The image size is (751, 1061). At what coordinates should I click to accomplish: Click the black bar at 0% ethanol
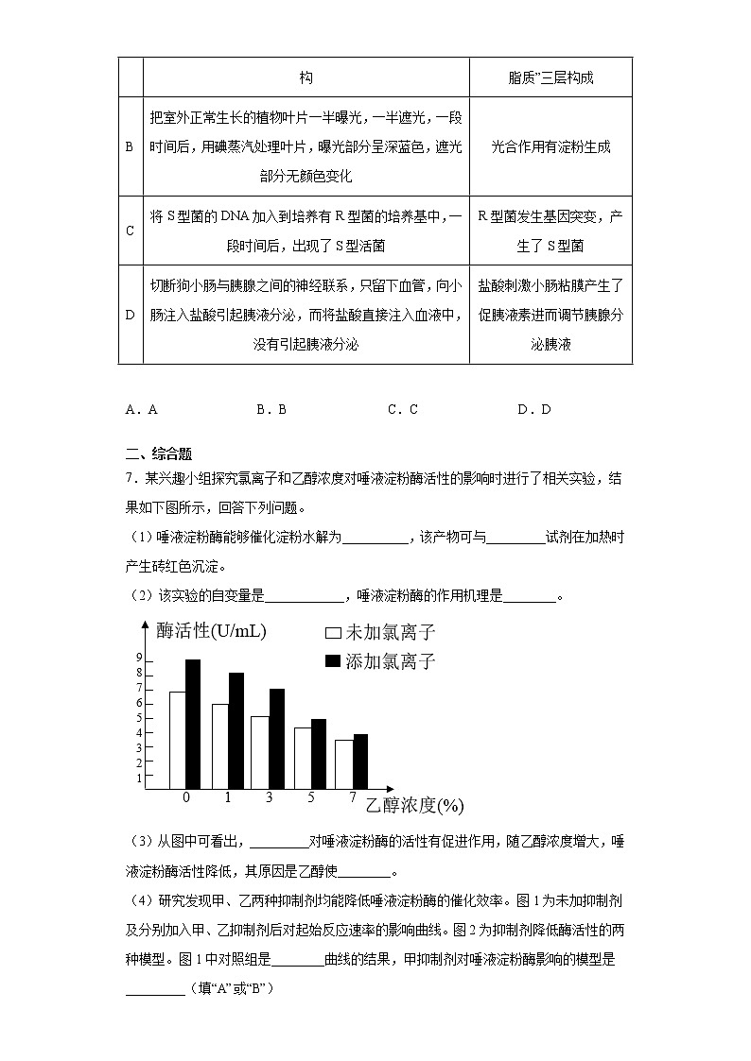193,724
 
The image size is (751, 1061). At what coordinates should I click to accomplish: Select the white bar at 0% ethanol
177,740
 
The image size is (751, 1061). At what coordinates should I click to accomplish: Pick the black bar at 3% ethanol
276,739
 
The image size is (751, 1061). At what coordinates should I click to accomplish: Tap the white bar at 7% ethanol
344,763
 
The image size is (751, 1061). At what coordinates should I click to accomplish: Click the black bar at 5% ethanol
318,754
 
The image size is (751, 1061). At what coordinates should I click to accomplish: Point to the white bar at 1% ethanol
219,746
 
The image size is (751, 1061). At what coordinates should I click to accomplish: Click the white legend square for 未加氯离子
333,634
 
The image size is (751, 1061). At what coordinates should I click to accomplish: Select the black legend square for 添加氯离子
333,661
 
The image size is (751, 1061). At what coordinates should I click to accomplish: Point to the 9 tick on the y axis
139,658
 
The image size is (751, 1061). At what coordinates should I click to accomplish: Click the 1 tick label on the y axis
139,778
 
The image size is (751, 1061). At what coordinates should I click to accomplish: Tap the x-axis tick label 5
311,798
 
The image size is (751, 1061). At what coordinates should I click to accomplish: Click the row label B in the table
130,146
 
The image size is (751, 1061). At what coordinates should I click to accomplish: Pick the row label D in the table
130,315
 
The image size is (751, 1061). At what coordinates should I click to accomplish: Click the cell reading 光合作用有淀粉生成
550,146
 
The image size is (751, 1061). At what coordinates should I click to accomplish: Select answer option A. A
141,409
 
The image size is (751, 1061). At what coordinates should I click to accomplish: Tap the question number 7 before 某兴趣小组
130,479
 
